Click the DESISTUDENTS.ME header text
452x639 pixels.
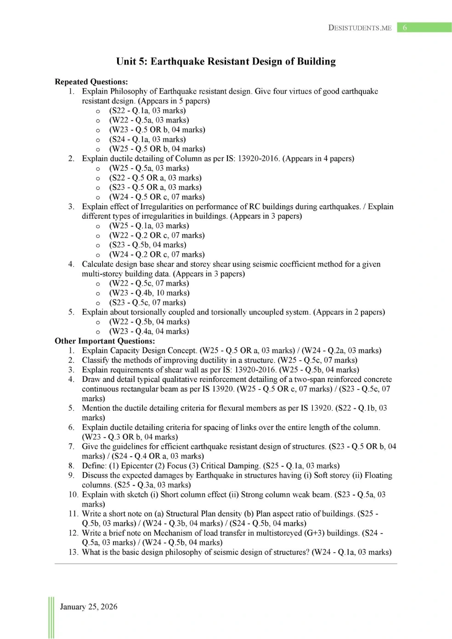tap(360, 28)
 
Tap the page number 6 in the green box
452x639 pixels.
tap(405, 28)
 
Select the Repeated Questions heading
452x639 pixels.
tap(91, 82)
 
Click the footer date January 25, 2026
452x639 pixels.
tap(89, 607)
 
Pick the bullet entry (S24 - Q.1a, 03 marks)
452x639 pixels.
tap(147, 139)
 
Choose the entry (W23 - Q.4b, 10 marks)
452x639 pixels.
tap(149, 293)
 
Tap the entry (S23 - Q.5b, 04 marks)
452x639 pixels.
tap(147, 245)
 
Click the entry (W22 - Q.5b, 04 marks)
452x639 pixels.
tap(149, 322)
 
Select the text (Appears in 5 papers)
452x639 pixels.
tap(174, 101)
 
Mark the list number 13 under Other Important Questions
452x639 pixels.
tap(73, 552)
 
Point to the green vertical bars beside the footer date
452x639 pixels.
tap(51, 617)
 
